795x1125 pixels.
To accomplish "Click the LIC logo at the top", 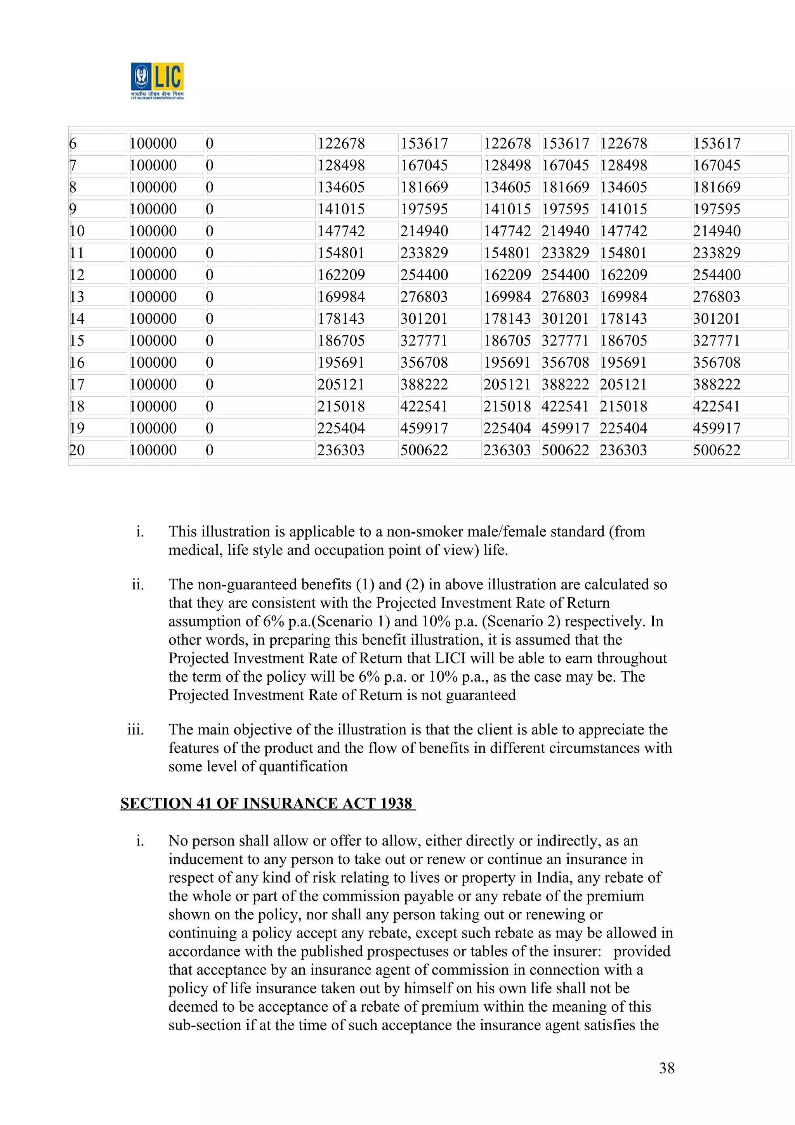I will point(157,80).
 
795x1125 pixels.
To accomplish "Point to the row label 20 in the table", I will point(77,450).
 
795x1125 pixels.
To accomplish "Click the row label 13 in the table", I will point(77,297).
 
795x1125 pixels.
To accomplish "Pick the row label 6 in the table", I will point(73,144).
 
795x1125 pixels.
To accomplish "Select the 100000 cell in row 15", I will point(153,340).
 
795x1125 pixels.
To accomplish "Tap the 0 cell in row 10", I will point(210,231).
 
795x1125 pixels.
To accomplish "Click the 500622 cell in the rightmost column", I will point(717,450).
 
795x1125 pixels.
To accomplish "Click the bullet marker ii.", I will point(138,585).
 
